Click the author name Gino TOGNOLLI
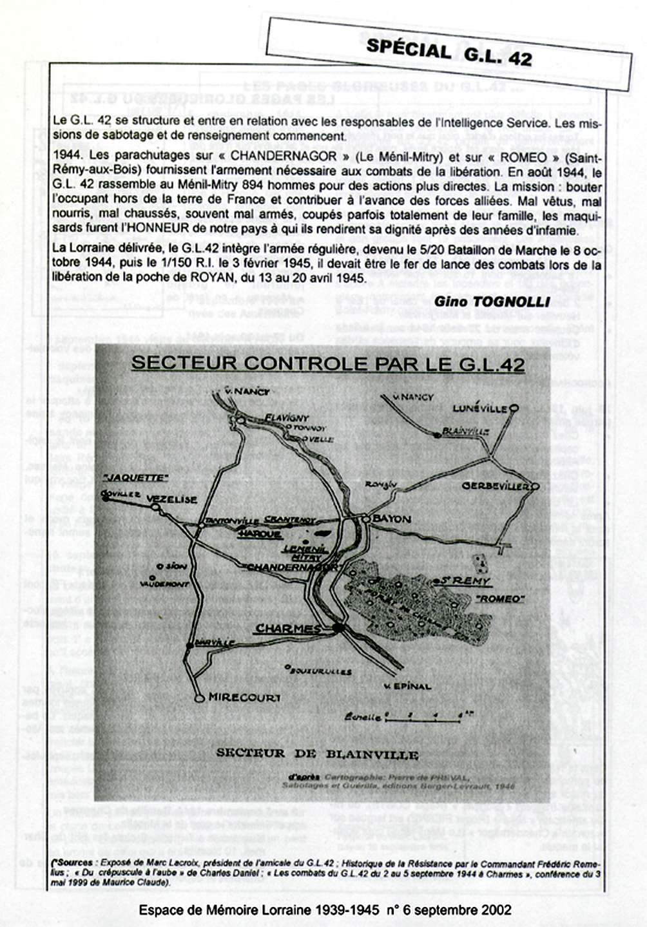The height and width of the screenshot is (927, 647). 492,301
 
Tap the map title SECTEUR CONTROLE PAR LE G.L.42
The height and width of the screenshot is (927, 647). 328,363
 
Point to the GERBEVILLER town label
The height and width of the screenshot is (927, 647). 495,486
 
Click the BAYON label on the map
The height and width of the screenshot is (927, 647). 391,519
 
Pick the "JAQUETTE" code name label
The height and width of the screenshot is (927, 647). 135,478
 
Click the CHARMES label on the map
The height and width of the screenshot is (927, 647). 288,629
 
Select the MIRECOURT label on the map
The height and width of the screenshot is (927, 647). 244,698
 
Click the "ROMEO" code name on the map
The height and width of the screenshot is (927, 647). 500,598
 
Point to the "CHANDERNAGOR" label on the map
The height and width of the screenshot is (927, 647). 291,568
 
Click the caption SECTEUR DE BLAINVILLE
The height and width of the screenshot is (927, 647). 317,754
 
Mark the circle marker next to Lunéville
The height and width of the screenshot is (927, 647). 514,408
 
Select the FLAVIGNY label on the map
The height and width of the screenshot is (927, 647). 287,418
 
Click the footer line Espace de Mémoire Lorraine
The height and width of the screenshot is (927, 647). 325,910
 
